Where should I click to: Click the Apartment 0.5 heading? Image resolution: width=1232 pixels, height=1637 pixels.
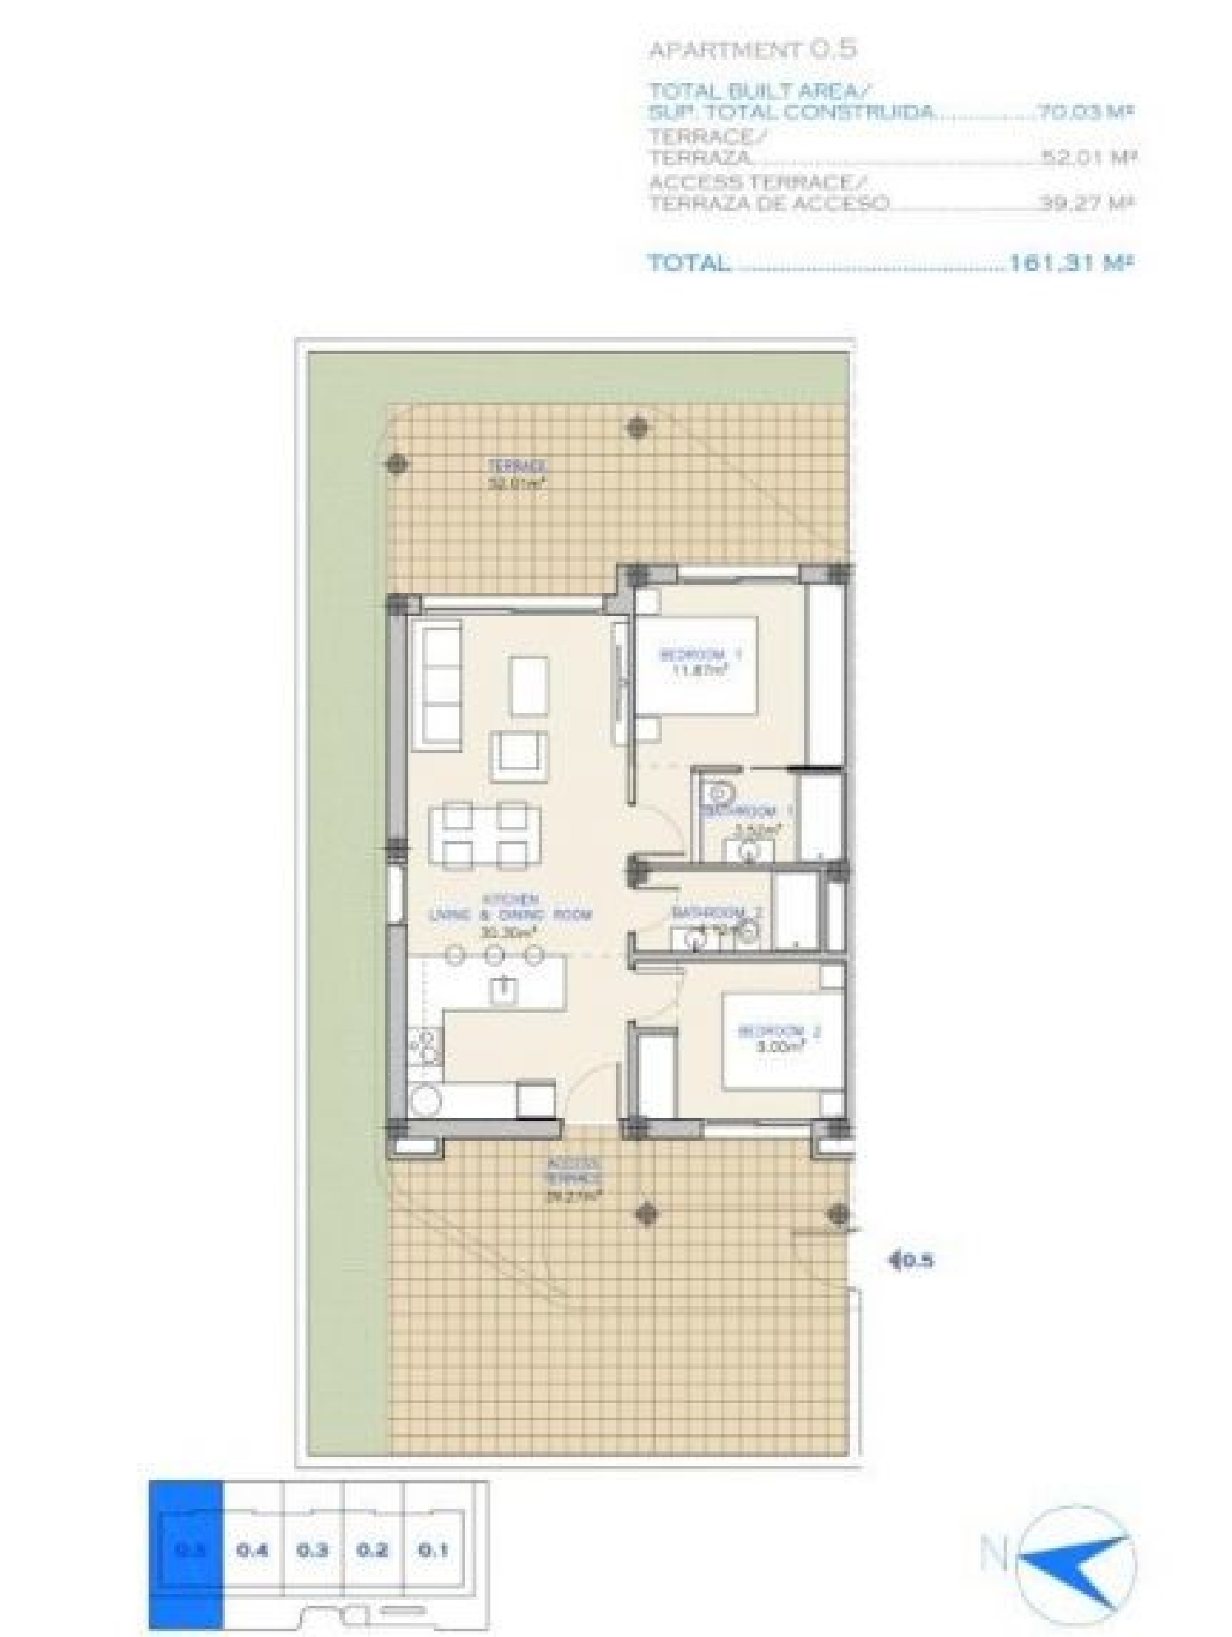[x=752, y=49]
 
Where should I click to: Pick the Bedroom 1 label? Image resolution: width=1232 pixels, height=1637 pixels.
[x=701, y=662]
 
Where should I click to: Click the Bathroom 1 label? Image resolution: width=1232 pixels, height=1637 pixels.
[x=747, y=812]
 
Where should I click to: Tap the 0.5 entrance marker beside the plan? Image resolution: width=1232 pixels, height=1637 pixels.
[x=913, y=1259]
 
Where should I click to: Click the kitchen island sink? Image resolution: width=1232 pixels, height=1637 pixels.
[x=502, y=990]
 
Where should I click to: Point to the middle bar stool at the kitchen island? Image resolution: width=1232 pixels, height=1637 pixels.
[x=494, y=954]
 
